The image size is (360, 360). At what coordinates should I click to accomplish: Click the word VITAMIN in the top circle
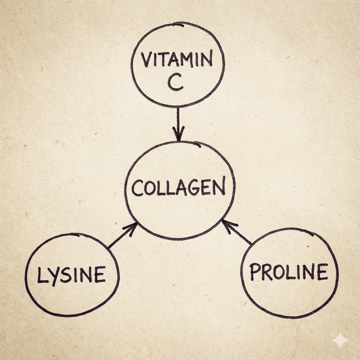pyautogui.click(x=177, y=60)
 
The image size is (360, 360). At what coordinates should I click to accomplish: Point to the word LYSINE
pyautogui.click(x=71, y=275)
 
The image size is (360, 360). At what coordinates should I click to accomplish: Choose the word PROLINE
pyautogui.click(x=288, y=272)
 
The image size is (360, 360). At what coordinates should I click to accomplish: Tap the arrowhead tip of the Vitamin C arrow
pyautogui.click(x=179, y=140)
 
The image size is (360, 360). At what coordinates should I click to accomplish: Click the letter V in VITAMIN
pyautogui.click(x=147, y=60)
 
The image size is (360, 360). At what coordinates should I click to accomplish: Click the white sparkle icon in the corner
pyautogui.click(x=341, y=340)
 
